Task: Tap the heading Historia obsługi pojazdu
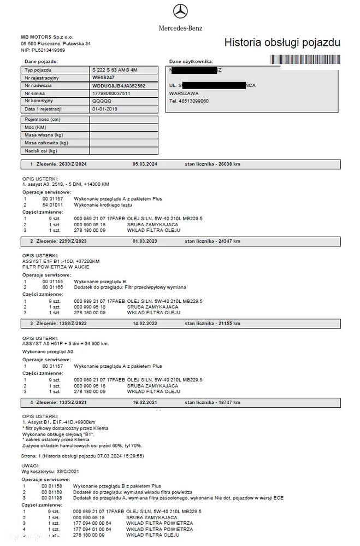click(x=282, y=43)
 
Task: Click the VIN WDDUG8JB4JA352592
click(x=119, y=86)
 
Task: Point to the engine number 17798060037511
click(x=111, y=93)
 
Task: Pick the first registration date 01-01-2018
click(x=105, y=109)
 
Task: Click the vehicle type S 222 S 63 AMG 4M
click(x=116, y=70)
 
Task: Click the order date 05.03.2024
click(x=145, y=163)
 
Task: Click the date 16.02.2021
click(x=145, y=402)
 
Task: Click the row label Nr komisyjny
click(x=39, y=101)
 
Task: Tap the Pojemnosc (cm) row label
click(x=42, y=119)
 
